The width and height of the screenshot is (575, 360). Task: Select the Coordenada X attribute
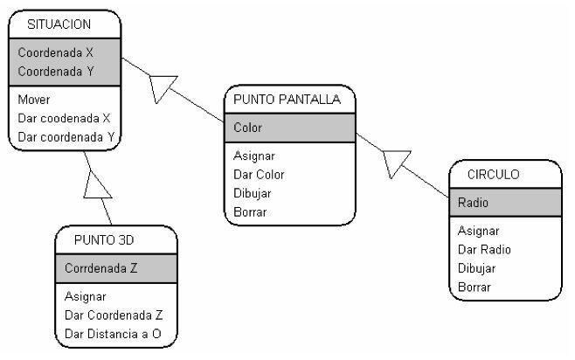click(55, 52)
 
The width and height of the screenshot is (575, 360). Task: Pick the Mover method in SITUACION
click(34, 100)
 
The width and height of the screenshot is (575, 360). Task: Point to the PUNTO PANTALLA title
click(288, 100)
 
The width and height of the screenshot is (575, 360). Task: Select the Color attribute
click(248, 128)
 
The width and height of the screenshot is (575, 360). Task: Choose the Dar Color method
click(260, 175)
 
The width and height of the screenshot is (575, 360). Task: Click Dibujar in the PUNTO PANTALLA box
click(253, 193)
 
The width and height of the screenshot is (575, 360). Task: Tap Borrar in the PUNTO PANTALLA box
click(250, 211)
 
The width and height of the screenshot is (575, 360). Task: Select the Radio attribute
click(473, 203)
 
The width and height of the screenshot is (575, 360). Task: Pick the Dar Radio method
click(484, 250)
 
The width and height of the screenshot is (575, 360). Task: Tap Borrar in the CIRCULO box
click(474, 287)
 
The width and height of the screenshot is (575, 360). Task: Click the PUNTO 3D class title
click(104, 240)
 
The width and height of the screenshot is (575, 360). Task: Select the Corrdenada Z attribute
click(101, 269)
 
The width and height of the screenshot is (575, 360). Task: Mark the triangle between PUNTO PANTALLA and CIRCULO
click(395, 162)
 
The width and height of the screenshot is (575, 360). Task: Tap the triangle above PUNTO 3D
click(97, 184)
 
